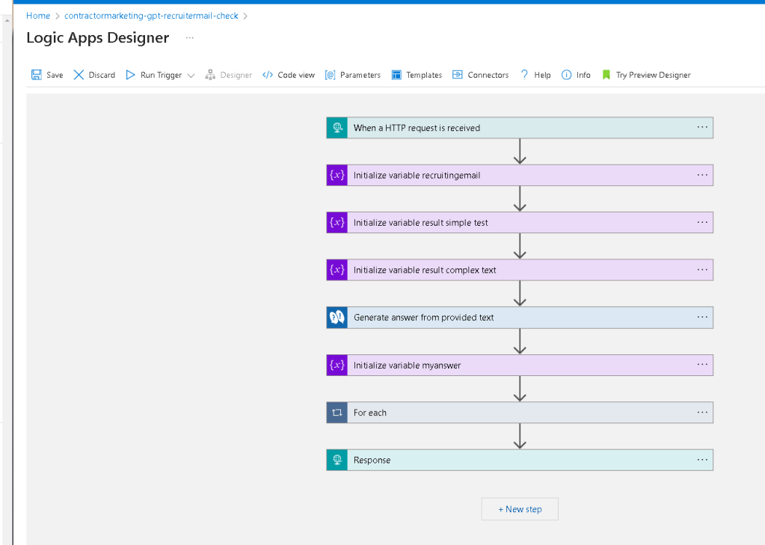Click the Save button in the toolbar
click(x=47, y=75)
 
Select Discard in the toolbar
click(x=94, y=75)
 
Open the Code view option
click(x=289, y=75)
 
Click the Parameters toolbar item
click(x=353, y=75)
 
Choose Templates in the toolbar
click(x=417, y=75)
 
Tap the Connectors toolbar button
click(x=481, y=75)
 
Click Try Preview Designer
click(x=646, y=75)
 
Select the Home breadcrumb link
click(x=38, y=16)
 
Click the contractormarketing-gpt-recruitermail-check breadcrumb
click(x=151, y=16)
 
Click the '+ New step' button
click(x=520, y=509)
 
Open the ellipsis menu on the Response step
click(x=702, y=460)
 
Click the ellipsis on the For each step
click(x=702, y=412)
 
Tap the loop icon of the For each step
click(x=337, y=412)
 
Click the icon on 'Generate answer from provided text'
click(x=337, y=318)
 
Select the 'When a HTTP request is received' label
click(x=417, y=128)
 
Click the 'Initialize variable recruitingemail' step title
click(x=417, y=175)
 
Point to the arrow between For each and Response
click(x=520, y=436)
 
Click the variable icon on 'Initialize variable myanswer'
click(x=337, y=365)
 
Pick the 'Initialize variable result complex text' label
click(x=425, y=270)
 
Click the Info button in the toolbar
click(x=577, y=75)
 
